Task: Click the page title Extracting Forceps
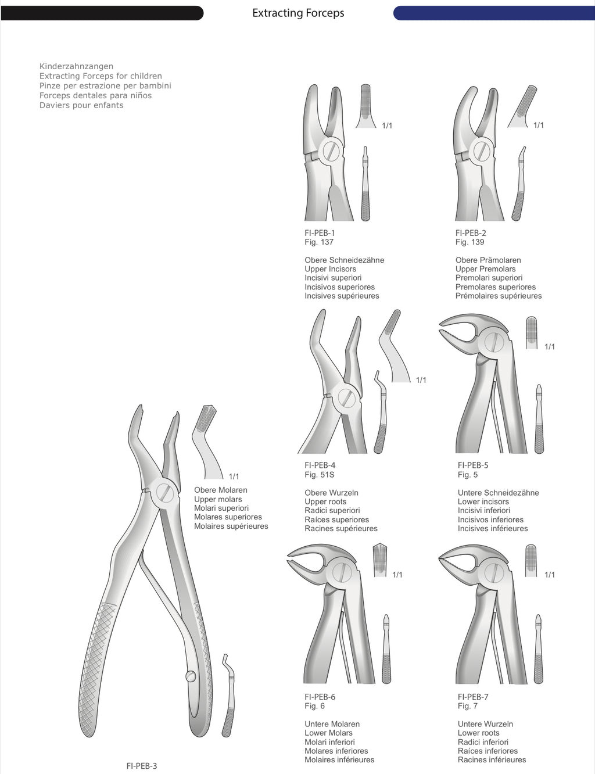coord(297,13)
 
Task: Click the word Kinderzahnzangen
coord(76,66)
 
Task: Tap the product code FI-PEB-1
coord(320,233)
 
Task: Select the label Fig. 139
coord(469,242)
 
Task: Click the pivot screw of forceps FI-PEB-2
coord(482,151)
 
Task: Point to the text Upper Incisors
coord(330,269)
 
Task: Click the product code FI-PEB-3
coord(142,766)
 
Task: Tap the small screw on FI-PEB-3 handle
coord(191,676)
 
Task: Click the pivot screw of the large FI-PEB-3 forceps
coord(165,493)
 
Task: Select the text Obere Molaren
coord(220,490)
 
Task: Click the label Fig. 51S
coord(319,475)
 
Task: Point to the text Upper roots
coord(325,501)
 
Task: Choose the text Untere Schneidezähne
coord(498,493)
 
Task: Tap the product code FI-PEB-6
coord(320,697)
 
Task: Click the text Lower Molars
coord(328,733)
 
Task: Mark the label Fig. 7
coord(467,706)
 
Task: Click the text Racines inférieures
coord(492,759)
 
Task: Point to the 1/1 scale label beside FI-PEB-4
coord(421,380)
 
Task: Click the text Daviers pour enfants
coord(81,105)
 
